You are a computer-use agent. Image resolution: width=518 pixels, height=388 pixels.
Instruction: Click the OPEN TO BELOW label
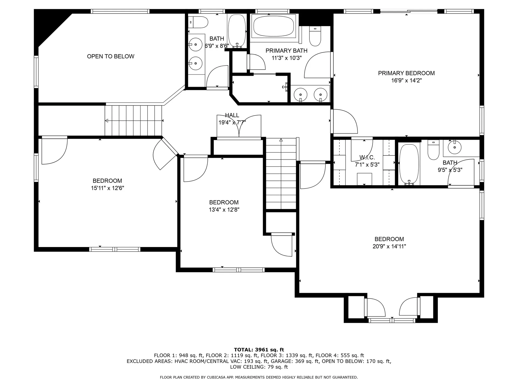111,56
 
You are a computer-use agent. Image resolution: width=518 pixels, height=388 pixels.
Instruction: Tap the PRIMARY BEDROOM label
406,73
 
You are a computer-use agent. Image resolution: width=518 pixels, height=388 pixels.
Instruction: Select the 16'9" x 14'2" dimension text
406,80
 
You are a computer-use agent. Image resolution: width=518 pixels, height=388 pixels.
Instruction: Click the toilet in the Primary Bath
315,36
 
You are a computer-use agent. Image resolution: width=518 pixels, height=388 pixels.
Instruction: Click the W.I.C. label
367,158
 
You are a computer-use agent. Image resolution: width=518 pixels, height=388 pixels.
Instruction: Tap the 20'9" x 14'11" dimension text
389,246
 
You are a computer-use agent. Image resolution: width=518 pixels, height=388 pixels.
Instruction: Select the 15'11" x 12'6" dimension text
107,188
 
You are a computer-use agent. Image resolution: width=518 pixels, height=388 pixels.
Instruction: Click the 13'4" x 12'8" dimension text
224,210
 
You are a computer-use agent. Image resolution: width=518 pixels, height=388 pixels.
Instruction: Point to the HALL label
232,115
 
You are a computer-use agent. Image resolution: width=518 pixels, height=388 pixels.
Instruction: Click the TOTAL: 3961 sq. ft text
259,350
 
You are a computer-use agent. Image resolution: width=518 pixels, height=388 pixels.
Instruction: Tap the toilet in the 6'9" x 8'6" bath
199,22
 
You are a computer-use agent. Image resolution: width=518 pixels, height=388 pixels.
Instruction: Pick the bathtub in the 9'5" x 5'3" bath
409,164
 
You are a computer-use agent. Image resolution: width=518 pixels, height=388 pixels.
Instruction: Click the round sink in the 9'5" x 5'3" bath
455,147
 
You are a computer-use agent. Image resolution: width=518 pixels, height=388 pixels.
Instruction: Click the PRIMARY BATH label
286,51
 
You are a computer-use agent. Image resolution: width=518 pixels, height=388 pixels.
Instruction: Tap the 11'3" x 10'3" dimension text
286,58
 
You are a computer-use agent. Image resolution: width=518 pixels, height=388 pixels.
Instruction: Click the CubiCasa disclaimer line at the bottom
259,377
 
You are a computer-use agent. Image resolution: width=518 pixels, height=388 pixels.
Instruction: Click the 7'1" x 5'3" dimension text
367,165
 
